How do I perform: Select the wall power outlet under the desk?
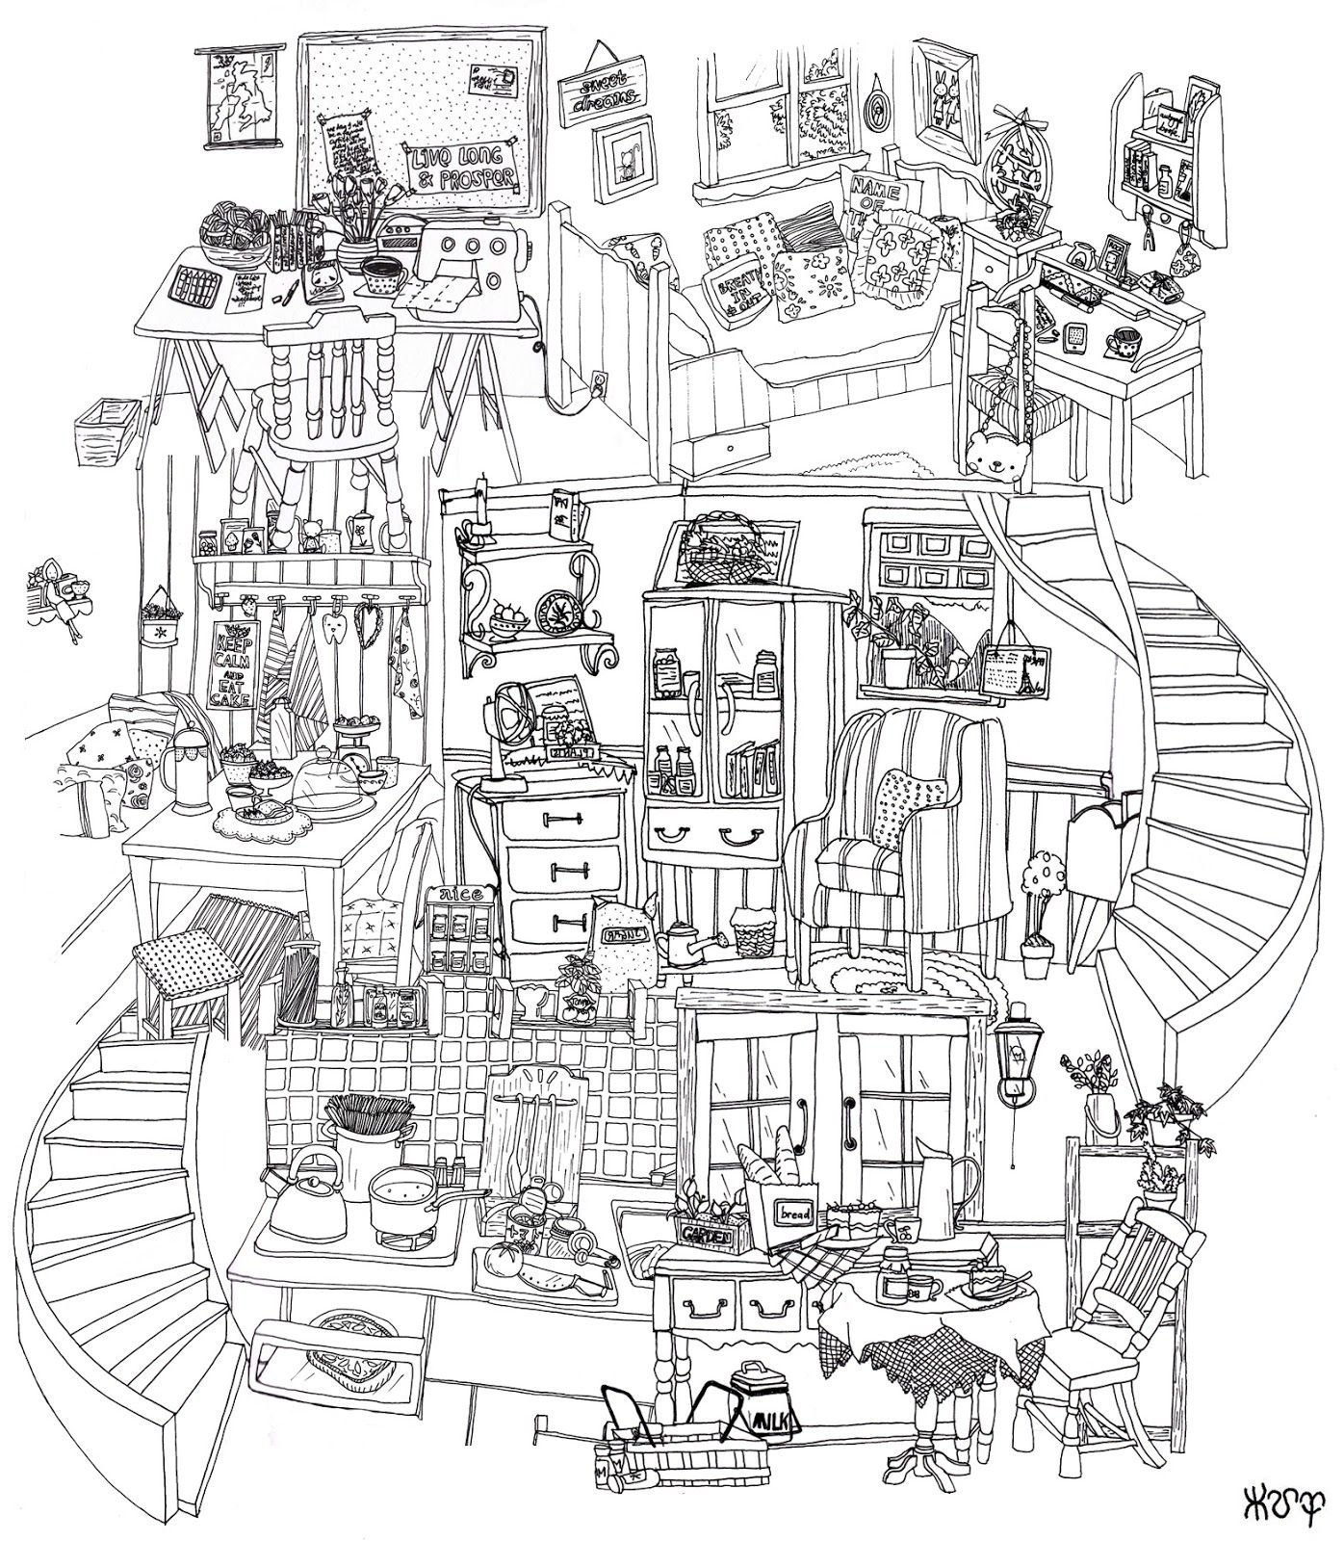599,382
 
